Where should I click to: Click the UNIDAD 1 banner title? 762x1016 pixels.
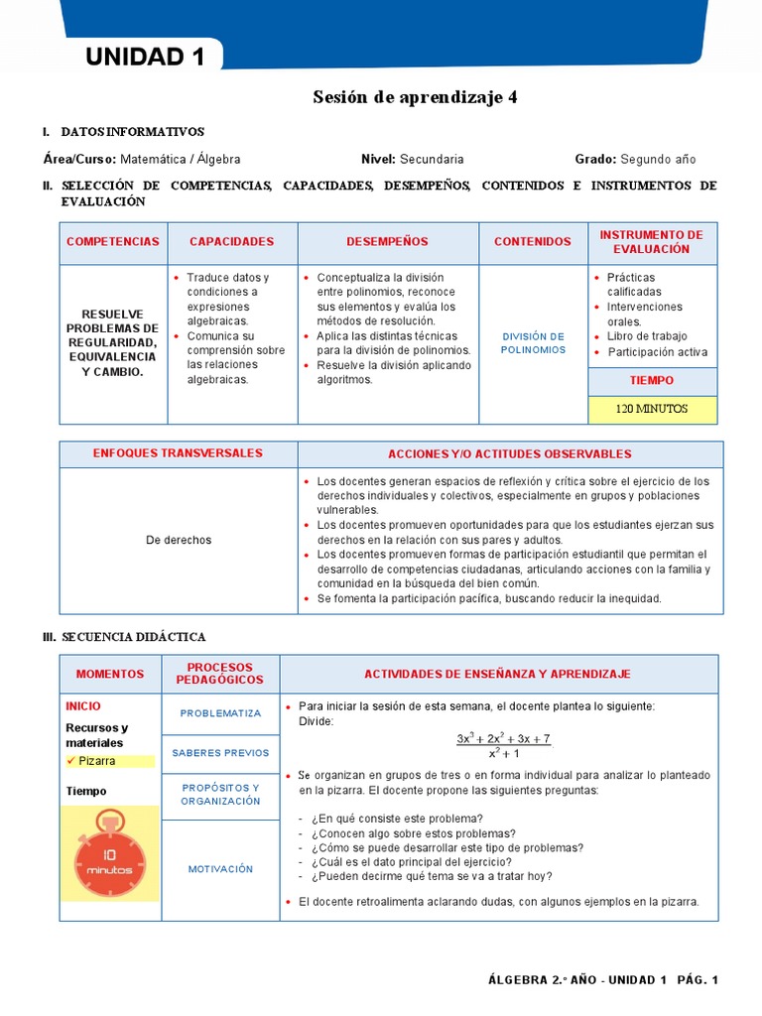point(145,58)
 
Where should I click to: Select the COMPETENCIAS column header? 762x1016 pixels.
point(112,242)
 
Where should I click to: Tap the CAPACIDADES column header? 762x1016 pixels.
point(231,242)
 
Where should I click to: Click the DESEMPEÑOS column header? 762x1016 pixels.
point(387,242)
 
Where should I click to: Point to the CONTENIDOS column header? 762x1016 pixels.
point(533,242)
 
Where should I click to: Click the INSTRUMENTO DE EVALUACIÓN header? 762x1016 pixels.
point(652,242)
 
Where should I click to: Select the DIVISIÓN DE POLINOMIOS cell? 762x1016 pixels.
point(533,343)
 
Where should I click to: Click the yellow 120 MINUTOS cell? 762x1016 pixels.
point(652,409)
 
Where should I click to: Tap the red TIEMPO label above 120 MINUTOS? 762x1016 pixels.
point(652,381)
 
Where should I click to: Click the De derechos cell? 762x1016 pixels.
point(179,540)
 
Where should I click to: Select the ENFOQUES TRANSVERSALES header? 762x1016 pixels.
point(178,453)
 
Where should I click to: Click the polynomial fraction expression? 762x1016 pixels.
point(503,746)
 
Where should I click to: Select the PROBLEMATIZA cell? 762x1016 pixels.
point(220,713)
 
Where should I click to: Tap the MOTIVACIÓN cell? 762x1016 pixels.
point(220,869)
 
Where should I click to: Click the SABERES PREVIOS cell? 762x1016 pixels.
point(220,753)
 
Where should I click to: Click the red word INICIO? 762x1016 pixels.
point(83,706)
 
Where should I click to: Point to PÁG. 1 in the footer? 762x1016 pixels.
point(698,980)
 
